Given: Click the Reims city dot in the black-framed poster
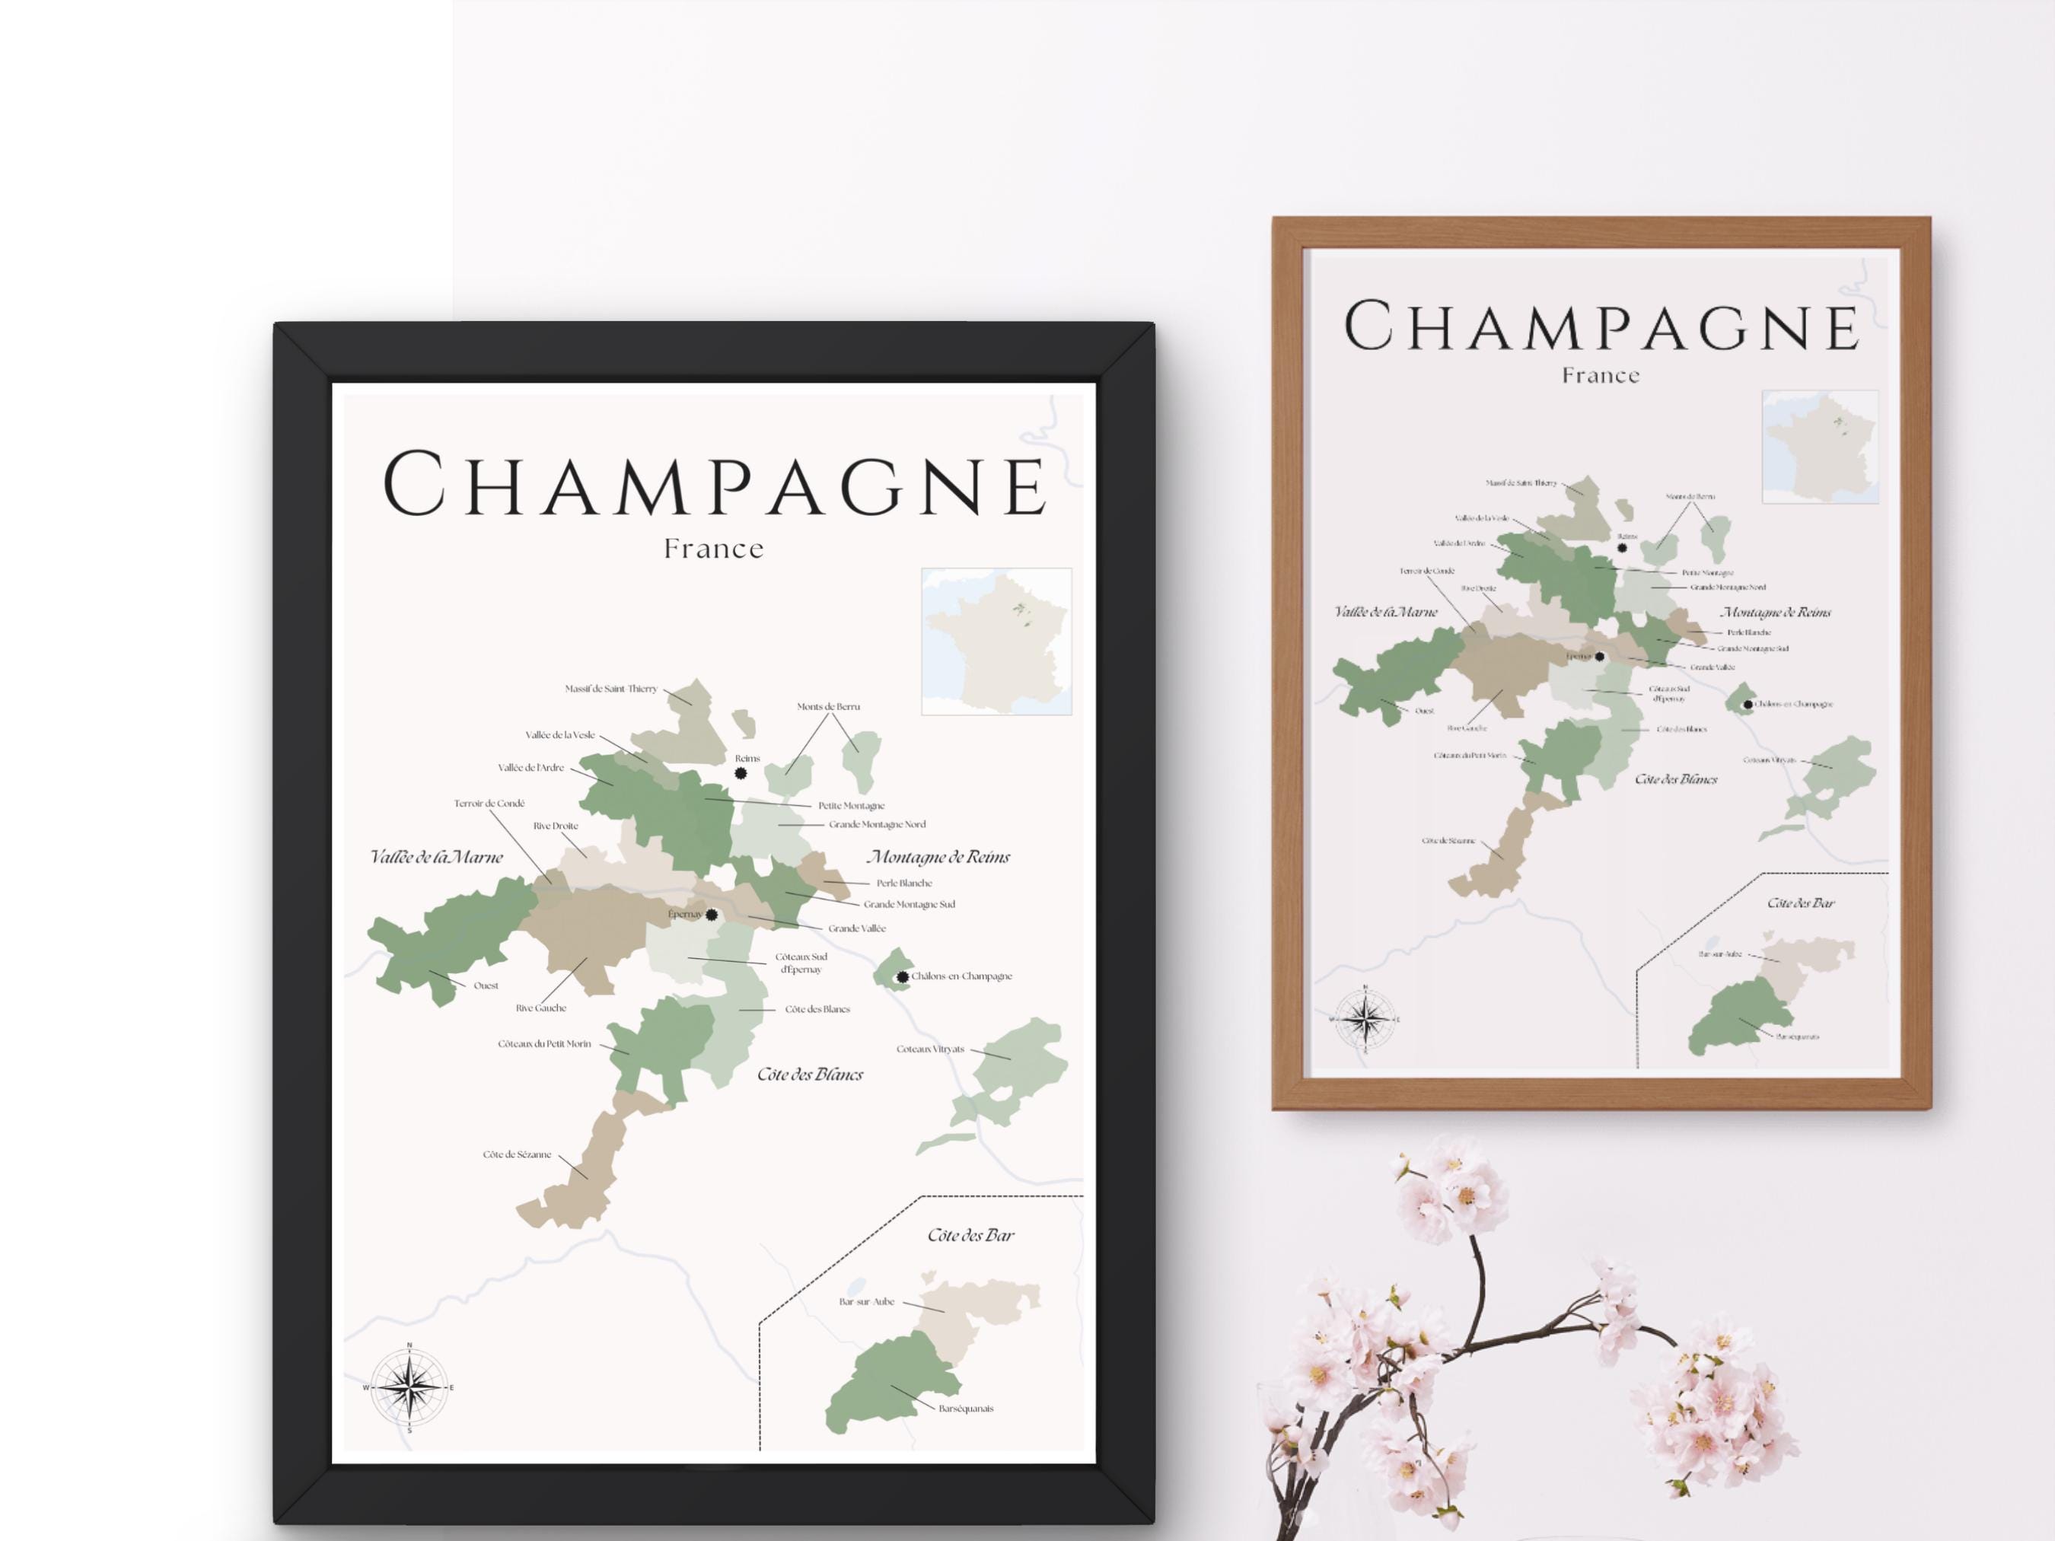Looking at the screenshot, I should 741,773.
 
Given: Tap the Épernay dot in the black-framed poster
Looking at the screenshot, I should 712,915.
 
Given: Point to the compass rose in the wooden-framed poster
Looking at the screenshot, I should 1365,1019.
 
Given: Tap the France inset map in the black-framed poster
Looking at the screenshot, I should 996,641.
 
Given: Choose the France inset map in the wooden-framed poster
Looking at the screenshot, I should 1820,446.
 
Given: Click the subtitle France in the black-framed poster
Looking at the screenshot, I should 713,549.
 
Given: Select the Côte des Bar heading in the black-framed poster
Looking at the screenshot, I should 971,1235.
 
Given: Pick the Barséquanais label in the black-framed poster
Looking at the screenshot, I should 966,1408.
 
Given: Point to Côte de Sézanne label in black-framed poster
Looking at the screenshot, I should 517,1154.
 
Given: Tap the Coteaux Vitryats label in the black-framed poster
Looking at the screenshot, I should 930,1049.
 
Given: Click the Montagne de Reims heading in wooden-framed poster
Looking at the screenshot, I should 1776,612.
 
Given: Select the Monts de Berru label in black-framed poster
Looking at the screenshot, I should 828,707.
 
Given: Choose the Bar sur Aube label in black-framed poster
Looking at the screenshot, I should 867,1301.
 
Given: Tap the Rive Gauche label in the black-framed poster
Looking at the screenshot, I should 540,1008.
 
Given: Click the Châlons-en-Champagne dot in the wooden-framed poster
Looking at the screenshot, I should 1748,704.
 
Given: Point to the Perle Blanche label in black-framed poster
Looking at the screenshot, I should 904,884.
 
